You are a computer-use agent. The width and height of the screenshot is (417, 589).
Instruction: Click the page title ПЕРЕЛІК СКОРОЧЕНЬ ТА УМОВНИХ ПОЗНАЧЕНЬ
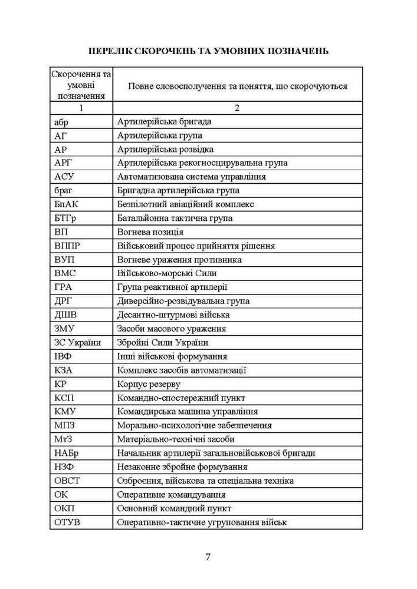tap(208, 51)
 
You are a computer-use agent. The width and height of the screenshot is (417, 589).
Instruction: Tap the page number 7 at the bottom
tap(208, 557)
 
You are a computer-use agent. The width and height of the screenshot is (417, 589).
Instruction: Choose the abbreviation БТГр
tap(64, 218)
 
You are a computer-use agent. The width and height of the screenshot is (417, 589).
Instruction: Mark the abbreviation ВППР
tap(67, 246)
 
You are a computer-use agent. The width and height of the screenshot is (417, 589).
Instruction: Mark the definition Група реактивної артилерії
tap(172, 287)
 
